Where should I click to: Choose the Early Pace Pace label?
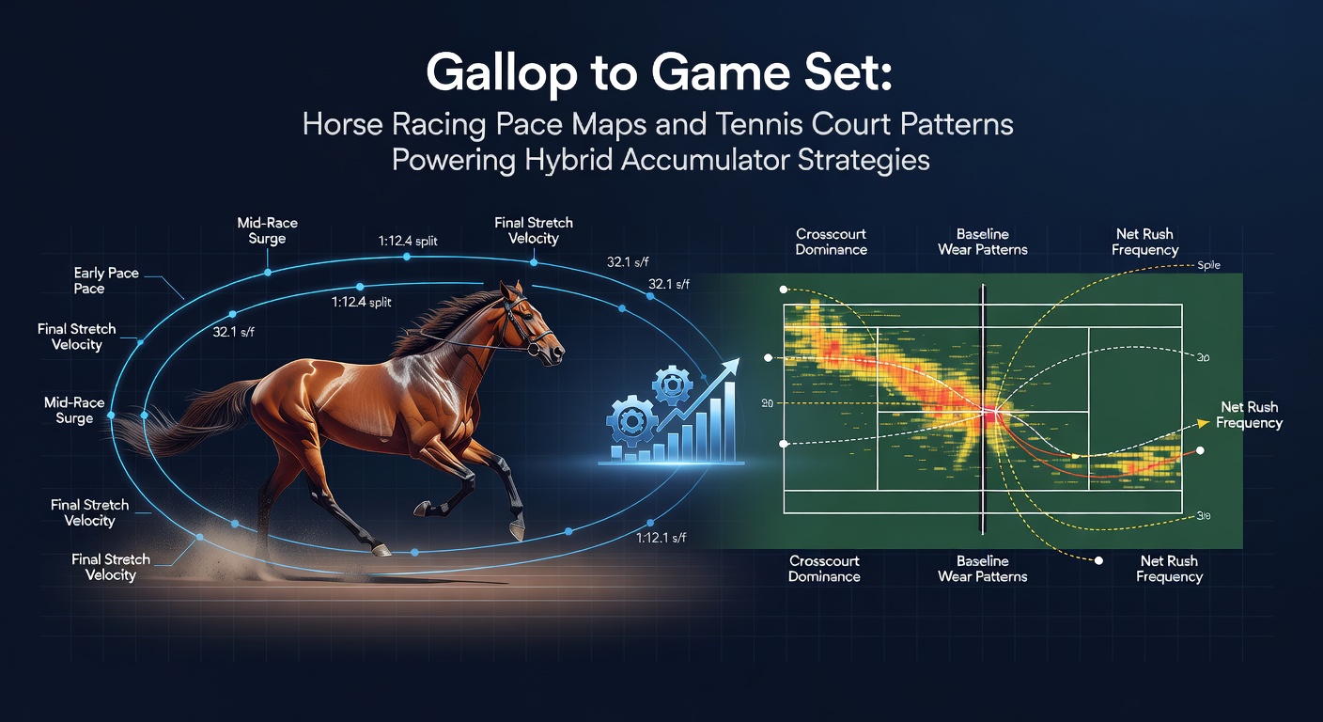click(106, 280)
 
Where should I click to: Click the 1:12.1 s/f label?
click(661, 538)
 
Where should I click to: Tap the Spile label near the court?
click(1208, 266)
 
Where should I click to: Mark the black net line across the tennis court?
click(983, 404)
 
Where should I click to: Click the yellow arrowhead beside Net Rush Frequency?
click(1202, 424)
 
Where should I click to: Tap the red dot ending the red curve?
click(1201, 452)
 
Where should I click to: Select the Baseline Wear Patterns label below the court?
click(982, 569)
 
